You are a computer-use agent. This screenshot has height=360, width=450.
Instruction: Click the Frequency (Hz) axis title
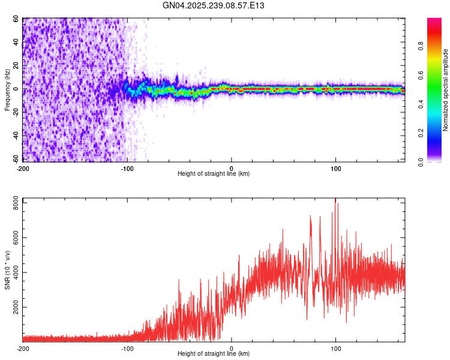[x=7, y=89]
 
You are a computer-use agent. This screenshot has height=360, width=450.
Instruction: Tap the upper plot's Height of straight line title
[x=214, y=173]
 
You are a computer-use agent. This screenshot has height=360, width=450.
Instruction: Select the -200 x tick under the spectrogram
[x=23, y=168]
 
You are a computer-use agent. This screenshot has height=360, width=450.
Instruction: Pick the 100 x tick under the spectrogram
[x=336, y=168]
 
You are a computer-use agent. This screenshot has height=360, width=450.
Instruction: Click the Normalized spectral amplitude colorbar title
[x=446, y=89]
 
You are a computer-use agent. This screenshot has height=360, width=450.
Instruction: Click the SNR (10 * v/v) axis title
[x=7, y=269]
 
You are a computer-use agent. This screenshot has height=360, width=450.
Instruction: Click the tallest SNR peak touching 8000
[x=335, y=200]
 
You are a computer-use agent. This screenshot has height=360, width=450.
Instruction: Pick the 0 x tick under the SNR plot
[x=232, y=349]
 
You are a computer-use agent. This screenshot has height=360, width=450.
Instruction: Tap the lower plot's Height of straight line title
[x=214, y=354]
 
